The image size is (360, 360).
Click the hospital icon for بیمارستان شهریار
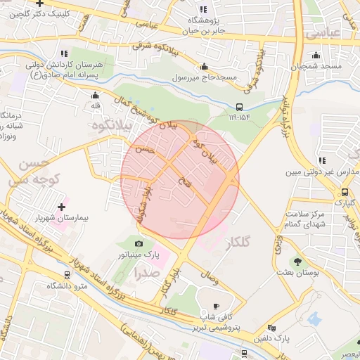click(62, 207)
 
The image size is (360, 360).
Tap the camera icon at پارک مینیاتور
click(139, 243)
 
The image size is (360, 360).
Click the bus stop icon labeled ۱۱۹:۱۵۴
click(240, 108)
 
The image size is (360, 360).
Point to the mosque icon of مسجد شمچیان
click(316, 56)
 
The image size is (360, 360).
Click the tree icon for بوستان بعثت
click(297, 261)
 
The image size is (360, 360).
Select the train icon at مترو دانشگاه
click(67, 275)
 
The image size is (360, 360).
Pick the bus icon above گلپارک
click(345, 192)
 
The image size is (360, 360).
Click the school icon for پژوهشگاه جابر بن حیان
click(203, 10)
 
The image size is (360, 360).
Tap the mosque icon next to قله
click(95, 95)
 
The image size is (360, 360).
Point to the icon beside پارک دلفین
click(271, 328)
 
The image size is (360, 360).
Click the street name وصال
click(209, 278)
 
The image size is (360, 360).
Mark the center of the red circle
click(180, 179)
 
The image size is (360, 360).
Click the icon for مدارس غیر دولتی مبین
click(321, 161)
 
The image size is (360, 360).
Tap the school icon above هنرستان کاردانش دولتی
click(64, 53)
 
